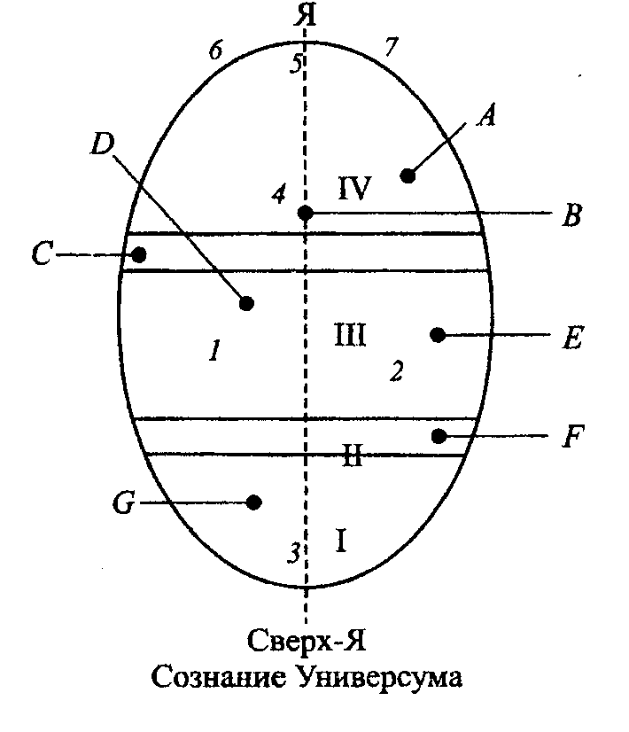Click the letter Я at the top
coord(306,15)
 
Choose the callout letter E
coord(572,337)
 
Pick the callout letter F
coord(572,436)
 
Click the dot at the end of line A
coord(408,175)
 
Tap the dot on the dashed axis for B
coord(305,214)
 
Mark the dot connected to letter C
coord(139,255)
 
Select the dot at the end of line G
coord(254,502)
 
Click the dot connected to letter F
coord(438,435)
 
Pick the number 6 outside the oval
coord(214,51)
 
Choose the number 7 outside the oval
coord(390,48)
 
